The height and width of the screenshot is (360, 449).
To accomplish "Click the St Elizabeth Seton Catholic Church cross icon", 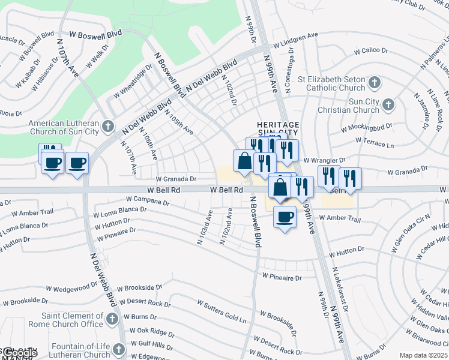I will point(374,82).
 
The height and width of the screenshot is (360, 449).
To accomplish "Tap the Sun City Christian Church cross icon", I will point(388,105).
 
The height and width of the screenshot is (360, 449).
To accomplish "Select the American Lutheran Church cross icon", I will point(107,126).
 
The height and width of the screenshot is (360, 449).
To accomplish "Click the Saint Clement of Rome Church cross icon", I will point(112,319).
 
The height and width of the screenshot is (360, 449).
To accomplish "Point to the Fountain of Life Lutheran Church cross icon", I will point(118,349).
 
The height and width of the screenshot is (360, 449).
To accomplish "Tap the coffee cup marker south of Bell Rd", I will point(285,216).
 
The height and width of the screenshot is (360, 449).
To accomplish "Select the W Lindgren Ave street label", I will point(295,40).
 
